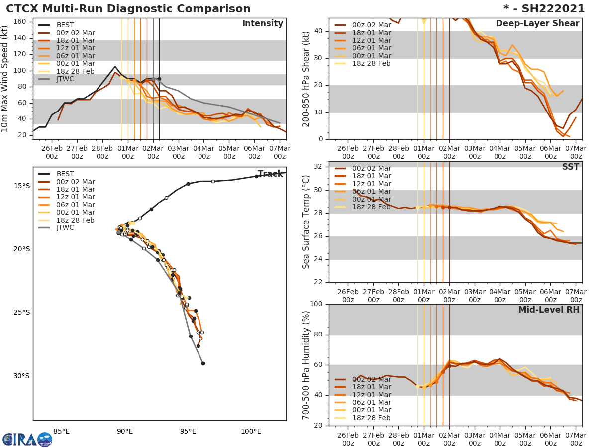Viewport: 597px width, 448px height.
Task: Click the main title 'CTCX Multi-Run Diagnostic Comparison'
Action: coord(128,9)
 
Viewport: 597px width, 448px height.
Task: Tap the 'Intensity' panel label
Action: coord(263,24)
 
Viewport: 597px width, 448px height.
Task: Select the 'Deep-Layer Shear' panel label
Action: coord(537,24)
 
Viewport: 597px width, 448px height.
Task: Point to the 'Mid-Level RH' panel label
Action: coord(549,310)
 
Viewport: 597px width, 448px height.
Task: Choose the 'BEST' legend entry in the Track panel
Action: coord(65,174)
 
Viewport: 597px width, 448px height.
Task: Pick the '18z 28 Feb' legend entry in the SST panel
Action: coord(371,207)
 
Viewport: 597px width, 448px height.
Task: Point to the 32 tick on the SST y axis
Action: coord(319,167)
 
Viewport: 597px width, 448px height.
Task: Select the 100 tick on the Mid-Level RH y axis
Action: coord(317,304)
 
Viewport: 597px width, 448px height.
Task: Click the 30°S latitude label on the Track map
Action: coord(21,376)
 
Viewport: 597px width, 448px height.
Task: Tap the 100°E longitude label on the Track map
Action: coord(251,431)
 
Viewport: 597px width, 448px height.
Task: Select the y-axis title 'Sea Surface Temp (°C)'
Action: coord(306,222)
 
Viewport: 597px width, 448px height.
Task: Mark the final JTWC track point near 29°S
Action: coord(203,363)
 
